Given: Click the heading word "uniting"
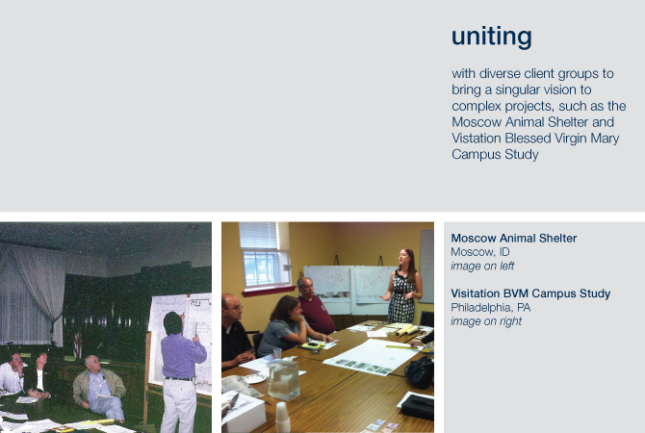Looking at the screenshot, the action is coord(492,38).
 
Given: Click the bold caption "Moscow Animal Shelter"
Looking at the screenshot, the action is coord(514,238).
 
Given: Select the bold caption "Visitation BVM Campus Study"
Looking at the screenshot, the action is coord(530,293).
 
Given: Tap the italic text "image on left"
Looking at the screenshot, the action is coord(482,266).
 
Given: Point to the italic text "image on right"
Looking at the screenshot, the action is coord(486,321).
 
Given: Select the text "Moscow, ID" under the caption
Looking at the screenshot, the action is coord(480,252).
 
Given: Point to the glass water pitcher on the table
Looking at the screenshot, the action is coord(283,379).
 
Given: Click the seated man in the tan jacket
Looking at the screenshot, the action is coord(99,388).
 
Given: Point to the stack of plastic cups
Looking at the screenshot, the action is coord(282,417).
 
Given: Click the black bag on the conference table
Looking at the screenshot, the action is coord(420,372).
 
